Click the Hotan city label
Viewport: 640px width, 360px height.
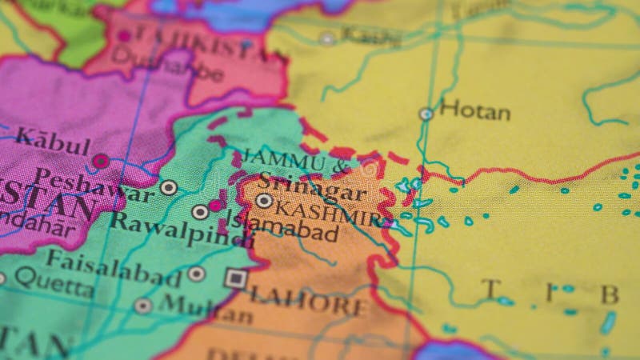474,110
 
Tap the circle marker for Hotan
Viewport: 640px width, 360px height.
426,114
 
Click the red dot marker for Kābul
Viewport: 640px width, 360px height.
100,161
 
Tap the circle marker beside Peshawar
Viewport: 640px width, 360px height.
168,188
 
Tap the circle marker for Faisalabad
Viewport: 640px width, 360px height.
196,274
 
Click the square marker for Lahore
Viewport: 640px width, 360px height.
235,278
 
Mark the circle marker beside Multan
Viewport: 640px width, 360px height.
143,306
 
